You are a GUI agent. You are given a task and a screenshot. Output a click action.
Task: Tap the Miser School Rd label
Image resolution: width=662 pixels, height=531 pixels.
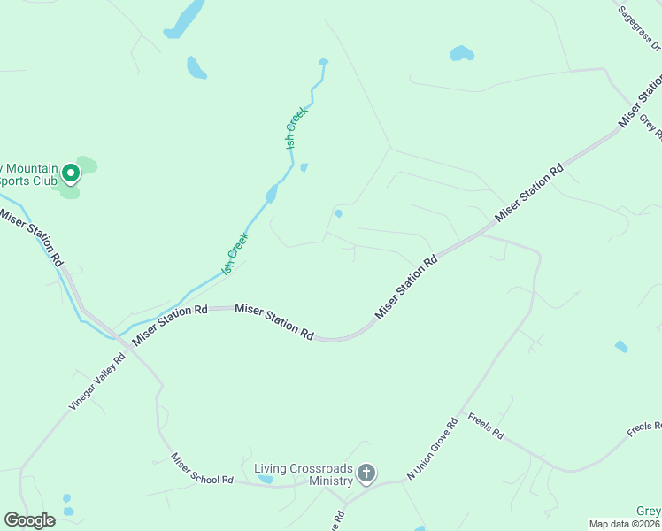click(x=202, y=469)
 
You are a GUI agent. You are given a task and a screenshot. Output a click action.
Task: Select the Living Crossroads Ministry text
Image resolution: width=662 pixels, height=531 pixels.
click(x=303, y=474)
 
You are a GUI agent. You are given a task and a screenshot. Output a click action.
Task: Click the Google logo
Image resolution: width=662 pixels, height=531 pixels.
click(x=30, y=520)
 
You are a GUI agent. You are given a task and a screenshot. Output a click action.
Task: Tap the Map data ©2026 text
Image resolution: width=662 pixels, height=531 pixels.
click(x=624, y=524)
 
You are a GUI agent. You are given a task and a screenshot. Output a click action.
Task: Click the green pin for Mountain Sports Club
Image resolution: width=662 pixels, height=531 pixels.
click(x=70, y=173)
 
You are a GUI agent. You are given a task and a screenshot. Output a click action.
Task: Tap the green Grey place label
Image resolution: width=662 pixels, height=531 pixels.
click(x=649, y=512)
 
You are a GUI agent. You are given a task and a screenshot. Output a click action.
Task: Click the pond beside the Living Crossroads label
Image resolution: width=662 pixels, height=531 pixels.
click(x=265, y=481)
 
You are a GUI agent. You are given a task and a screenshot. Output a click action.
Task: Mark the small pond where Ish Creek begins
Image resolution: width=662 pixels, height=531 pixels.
click(x=323, y=62)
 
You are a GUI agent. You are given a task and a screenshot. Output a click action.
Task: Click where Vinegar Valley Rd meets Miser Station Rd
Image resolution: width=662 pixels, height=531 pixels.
click(x=127, y=345)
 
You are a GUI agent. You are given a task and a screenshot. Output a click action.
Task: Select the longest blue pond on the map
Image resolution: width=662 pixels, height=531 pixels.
click(x=184, y=19)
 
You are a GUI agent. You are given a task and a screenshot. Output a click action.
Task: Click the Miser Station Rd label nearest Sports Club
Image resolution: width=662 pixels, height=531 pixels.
click(x=31, y=237)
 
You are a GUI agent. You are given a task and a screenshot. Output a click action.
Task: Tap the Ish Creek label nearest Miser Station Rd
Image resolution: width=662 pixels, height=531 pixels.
click(x=235, y=253)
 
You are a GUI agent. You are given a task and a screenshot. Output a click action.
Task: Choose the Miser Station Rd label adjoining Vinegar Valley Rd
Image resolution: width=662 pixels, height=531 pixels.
click(x=169, y=324)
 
